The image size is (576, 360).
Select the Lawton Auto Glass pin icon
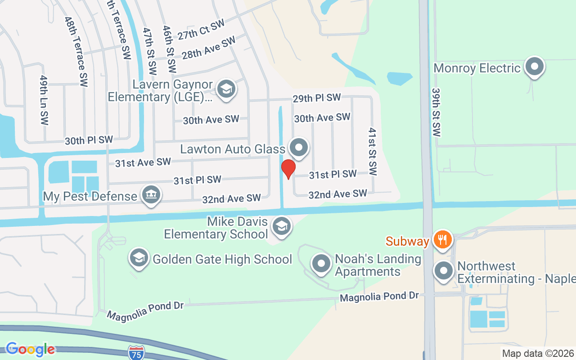click(298, 148)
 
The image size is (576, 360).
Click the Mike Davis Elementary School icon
click(282, 227)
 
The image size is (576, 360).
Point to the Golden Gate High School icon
click(139, 258)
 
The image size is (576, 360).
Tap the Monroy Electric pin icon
click(535, 67)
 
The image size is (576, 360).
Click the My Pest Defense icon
click(151, 195)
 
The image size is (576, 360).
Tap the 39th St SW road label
click(436, 112)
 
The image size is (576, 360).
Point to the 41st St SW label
click(372, 152)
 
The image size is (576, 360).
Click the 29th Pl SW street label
click(316, 98)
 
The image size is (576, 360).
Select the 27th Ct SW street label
click(200, 30)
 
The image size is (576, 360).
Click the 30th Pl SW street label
click(89, 140)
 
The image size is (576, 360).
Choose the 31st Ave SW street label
click(143, 162)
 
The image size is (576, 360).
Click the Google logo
click(30, 349)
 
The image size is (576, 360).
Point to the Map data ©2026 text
click(538, 353)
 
